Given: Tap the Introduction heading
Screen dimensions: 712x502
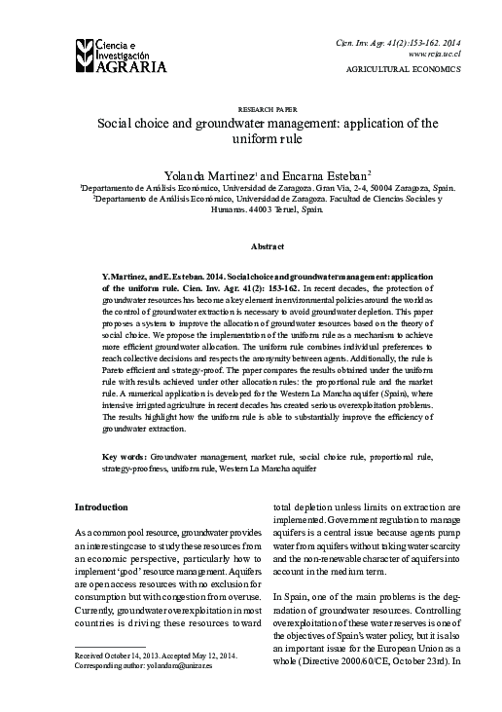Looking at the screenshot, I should pos(101,507).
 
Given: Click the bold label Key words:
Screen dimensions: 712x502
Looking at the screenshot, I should pos(125,456).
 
